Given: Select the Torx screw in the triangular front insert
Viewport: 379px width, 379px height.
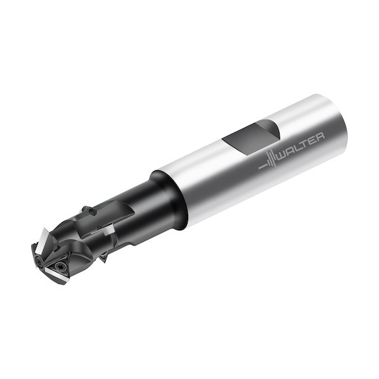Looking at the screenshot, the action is tap(59, 266).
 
